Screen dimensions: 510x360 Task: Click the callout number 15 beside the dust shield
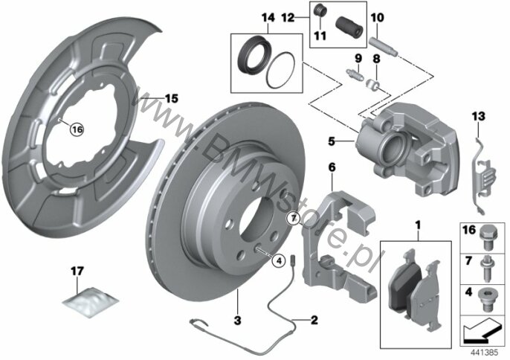[x=172, y=98]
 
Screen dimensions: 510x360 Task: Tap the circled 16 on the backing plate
[x=77, y=129]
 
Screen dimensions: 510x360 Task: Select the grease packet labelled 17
[x=90, y=302]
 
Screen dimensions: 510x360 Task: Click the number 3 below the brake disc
[x=238, y=321]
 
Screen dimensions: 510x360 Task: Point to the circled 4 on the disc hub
[x=279, y=260]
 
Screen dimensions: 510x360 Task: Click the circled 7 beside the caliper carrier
[x=294, y=218]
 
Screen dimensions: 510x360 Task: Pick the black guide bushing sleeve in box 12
[x=349, y=27]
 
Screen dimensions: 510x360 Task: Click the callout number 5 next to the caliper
[x=331, y=141]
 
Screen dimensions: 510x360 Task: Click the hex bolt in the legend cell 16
[x=487, y=237]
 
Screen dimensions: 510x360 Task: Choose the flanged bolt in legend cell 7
[x=486, y=269]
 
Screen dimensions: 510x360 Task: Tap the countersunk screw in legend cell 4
[x=486, y=300]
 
